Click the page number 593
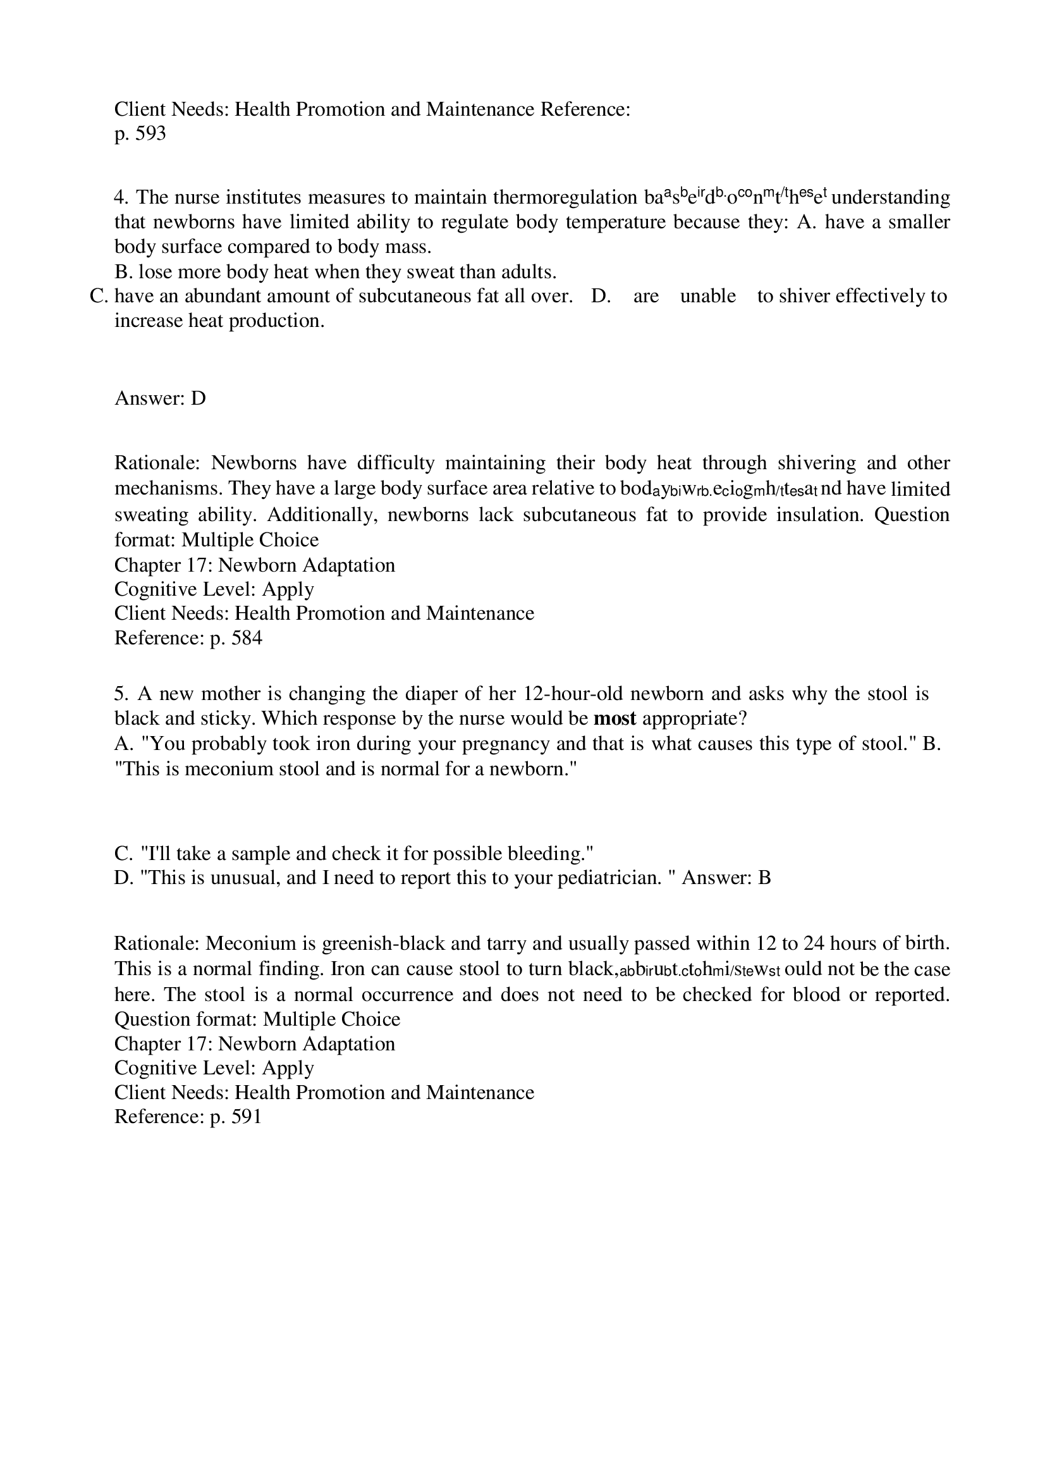(151, 133)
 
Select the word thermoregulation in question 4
(565, 197)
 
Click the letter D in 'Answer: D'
(198, 398)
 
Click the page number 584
(247, 638)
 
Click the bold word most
(614, 718)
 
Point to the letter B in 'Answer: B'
(764, 878)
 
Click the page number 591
(247, 1117)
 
